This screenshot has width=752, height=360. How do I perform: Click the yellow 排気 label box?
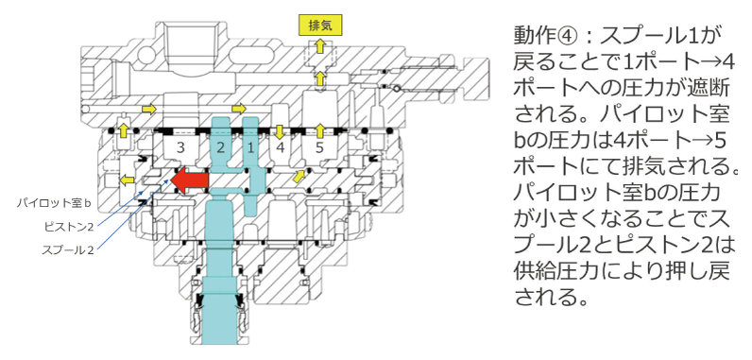(314, 25)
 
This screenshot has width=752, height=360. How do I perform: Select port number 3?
(179, 147)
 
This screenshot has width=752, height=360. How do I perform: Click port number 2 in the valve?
(220, 147)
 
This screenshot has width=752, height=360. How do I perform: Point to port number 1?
(251, 147)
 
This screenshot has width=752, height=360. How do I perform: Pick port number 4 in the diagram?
(282, 147)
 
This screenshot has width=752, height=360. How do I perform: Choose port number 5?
(320, 147)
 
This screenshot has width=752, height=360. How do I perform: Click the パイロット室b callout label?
(58, 203)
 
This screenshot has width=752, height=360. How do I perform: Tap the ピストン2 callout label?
(67, 227)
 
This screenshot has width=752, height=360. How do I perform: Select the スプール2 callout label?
(67, 250)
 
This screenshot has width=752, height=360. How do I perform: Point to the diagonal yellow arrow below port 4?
(300, 175)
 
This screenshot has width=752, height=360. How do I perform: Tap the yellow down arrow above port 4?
(281, 129)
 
